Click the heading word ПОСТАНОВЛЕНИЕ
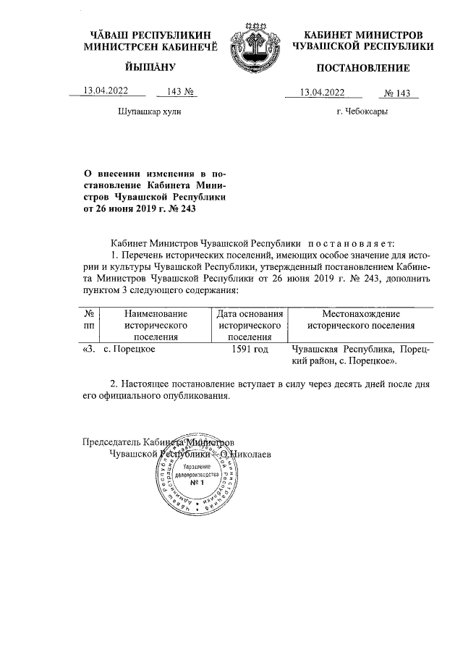coord(362,69)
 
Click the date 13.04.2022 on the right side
coord(323,92)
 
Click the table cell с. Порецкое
coord(130,349)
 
